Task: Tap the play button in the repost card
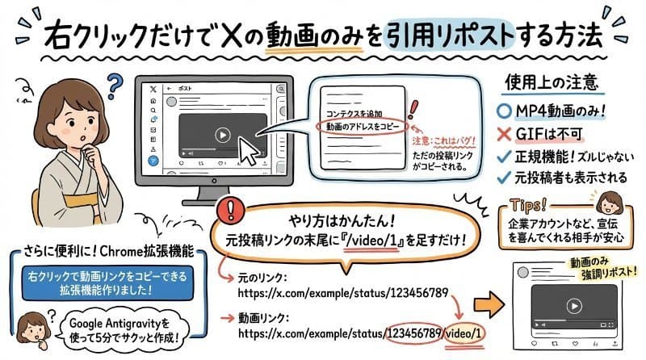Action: pyautogui.click(x=573, y=306)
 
